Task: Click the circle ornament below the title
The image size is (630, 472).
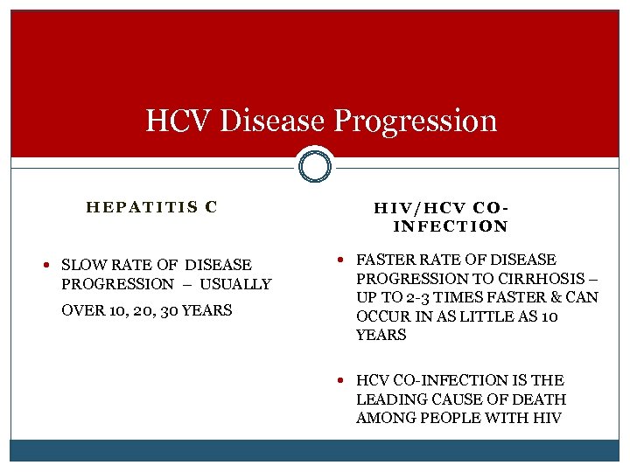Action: click(315, 165)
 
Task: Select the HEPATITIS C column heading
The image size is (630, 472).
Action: click(151, 207)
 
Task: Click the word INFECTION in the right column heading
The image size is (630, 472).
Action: click(451, 226)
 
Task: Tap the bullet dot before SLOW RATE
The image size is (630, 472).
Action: click(52, 265)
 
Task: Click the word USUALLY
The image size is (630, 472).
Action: click(235, 284)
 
